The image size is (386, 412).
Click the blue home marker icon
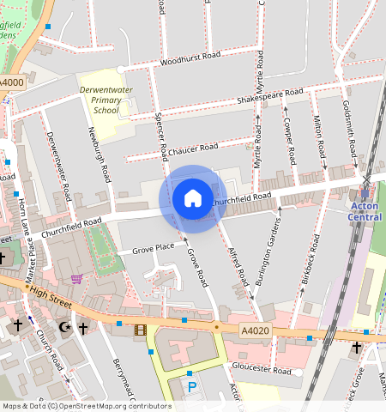coord(193,198)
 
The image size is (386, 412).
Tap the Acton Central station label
coord(365,211)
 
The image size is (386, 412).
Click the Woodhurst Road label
coord(190,58)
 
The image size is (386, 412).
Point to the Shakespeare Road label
coord(270,97)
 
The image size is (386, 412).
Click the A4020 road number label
coord(255,330)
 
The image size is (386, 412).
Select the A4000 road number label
coord(11,82)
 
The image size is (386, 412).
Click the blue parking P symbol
coord(192,387)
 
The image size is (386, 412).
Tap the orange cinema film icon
coord(141,329)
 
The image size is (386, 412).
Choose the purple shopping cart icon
coord(77,278)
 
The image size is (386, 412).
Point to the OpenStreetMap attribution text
coord(86,406)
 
